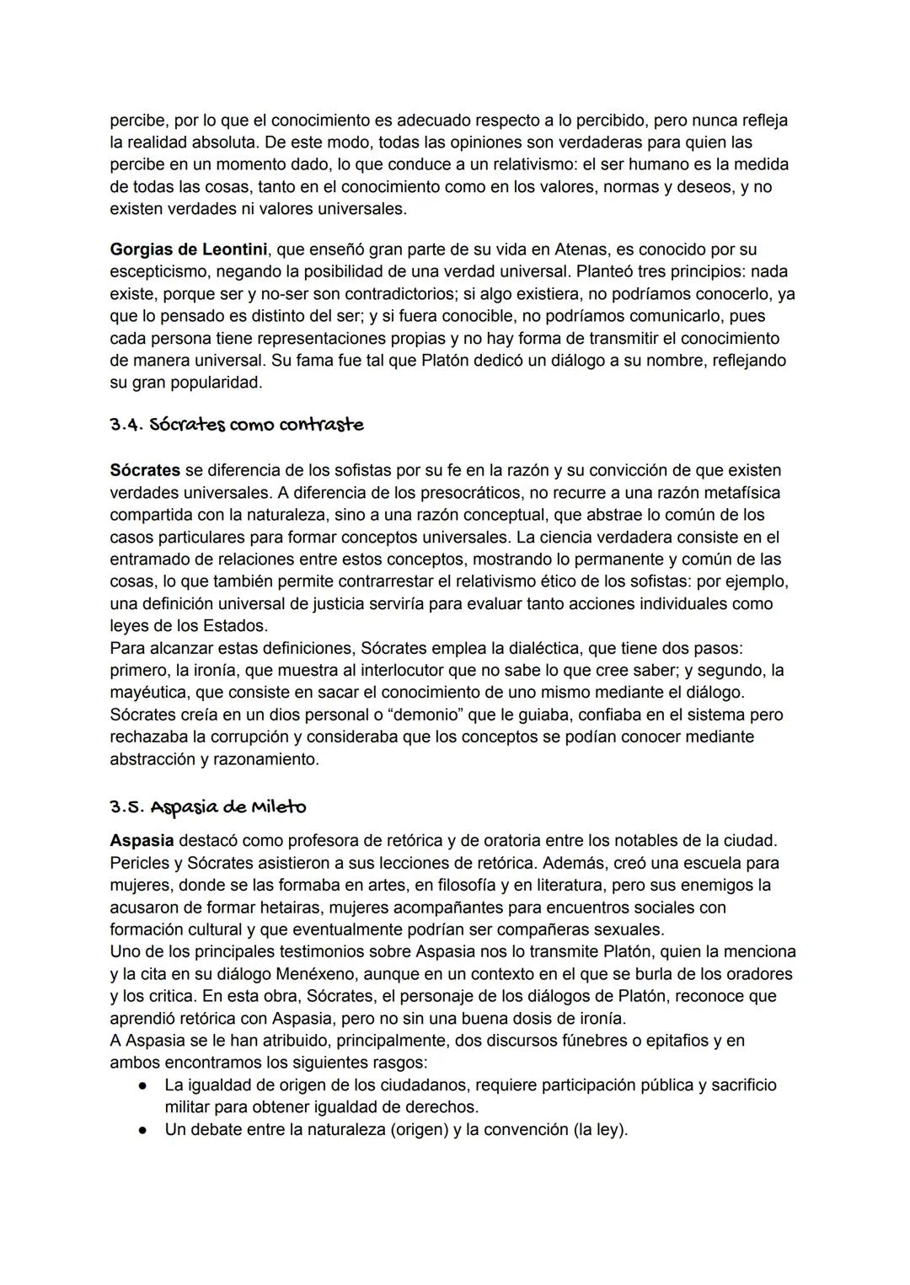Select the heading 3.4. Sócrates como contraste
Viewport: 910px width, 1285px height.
tap(237, 425)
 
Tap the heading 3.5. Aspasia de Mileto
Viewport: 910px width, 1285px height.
tap(208, 806)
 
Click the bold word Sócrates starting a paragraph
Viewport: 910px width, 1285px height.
tap(145, 469)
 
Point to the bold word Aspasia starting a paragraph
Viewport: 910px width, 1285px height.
tap(142, 840)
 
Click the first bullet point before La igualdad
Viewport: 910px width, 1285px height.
tap(144, 1085)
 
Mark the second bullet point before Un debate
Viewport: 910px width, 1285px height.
tap(144, 1130)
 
